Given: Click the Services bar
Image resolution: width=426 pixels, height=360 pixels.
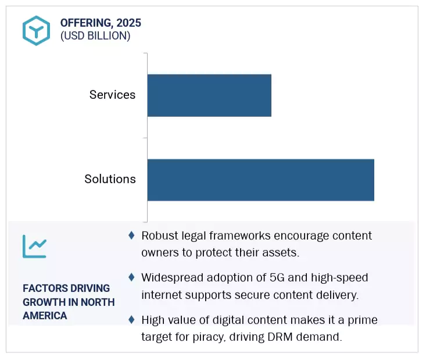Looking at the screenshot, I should [x=209, y=95].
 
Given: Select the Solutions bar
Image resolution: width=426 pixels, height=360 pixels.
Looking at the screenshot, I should [x=260, y=180].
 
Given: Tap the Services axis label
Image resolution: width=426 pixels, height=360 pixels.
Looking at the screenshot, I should [x=112, y=95].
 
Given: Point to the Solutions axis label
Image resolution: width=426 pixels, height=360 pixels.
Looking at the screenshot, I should [x=110, y=179].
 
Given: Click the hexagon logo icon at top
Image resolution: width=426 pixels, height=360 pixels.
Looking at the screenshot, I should [x=36, y=30].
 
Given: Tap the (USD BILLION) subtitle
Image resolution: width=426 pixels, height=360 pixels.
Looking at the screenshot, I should [x=95, y=36].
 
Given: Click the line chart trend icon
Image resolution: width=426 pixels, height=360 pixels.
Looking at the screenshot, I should [x=34, y=247].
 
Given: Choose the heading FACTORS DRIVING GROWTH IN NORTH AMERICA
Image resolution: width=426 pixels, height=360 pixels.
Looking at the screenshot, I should [x=68, y=302].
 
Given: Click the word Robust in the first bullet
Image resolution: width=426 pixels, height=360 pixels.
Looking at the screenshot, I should [x=160, y=236].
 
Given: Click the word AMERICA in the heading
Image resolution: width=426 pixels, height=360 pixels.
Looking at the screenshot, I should [x=45, y=316].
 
